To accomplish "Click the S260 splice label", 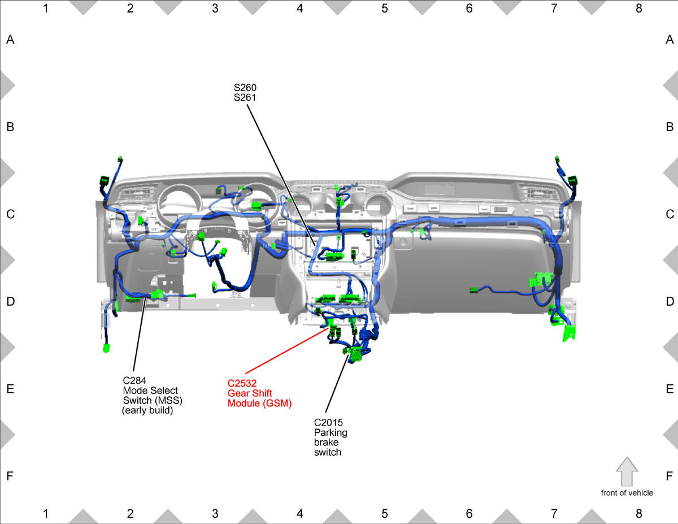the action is coord(245,88).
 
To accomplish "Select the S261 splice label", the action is coord(245,98).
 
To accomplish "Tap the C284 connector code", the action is coord(134,380).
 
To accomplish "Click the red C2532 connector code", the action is coord(242,383).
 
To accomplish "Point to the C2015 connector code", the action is coord(328,423).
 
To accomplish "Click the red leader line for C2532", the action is coord(287,350).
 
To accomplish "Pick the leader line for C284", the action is coord(140,336).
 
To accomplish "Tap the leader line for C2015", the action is coord(337,383).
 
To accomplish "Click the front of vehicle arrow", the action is coord(627,471).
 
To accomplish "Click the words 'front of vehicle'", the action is coord(627,493).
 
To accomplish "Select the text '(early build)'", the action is coord(147,410).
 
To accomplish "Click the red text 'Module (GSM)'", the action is coord(259,403).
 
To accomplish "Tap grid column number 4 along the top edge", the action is coord(300,8).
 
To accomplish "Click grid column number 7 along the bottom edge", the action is coord(554,513).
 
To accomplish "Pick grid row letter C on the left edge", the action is coord(10,214).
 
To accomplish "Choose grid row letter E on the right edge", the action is coord(670,389).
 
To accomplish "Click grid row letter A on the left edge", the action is coord(10,40).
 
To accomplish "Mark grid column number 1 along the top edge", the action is coord(46,8).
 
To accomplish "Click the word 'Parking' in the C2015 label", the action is coord(331,432).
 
